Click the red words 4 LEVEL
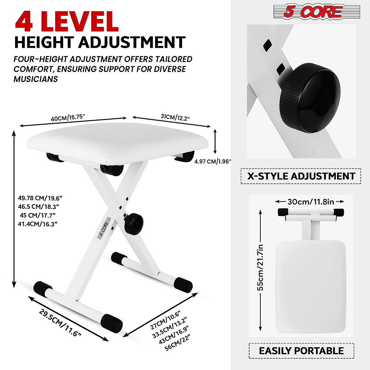pos(67,21)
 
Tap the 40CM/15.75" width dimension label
pos(68,118)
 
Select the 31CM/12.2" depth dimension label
pos(175,117)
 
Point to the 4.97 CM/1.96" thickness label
pos(212,161)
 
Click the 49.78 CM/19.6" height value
pos(38,198)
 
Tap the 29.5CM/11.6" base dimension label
pos(60,323)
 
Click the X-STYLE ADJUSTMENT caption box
pos(301,176)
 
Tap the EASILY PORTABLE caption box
pos(301,351)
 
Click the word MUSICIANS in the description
pos(36,79)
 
